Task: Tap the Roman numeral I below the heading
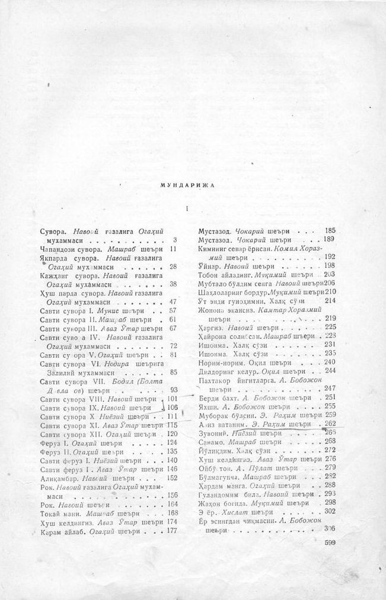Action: point(187,208)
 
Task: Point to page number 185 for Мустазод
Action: point(330,230)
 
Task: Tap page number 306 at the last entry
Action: point(330,528)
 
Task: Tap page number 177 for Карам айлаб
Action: point(173,530)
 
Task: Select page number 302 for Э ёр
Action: point(330,511)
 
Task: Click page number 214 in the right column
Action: point(330,300)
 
